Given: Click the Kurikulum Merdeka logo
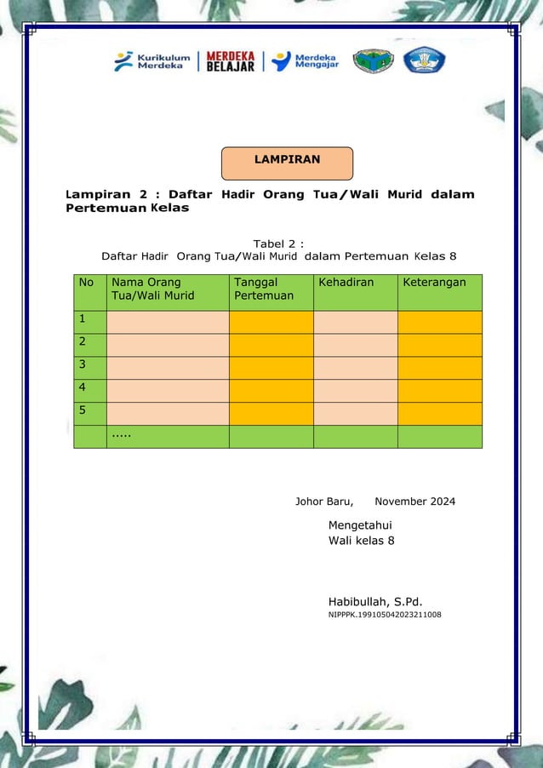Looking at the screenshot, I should click(153, 61).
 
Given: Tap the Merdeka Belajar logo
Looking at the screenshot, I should click(230, 61).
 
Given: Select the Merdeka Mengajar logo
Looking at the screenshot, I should click(305, 61).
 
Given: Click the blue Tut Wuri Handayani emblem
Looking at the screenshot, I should click(424, 60).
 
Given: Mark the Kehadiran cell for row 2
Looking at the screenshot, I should click(355, 345).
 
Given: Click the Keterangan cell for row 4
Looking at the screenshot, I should click(439, 390).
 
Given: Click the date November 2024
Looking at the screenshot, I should click(414, 501).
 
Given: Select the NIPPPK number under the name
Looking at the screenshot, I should click(385, 615).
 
